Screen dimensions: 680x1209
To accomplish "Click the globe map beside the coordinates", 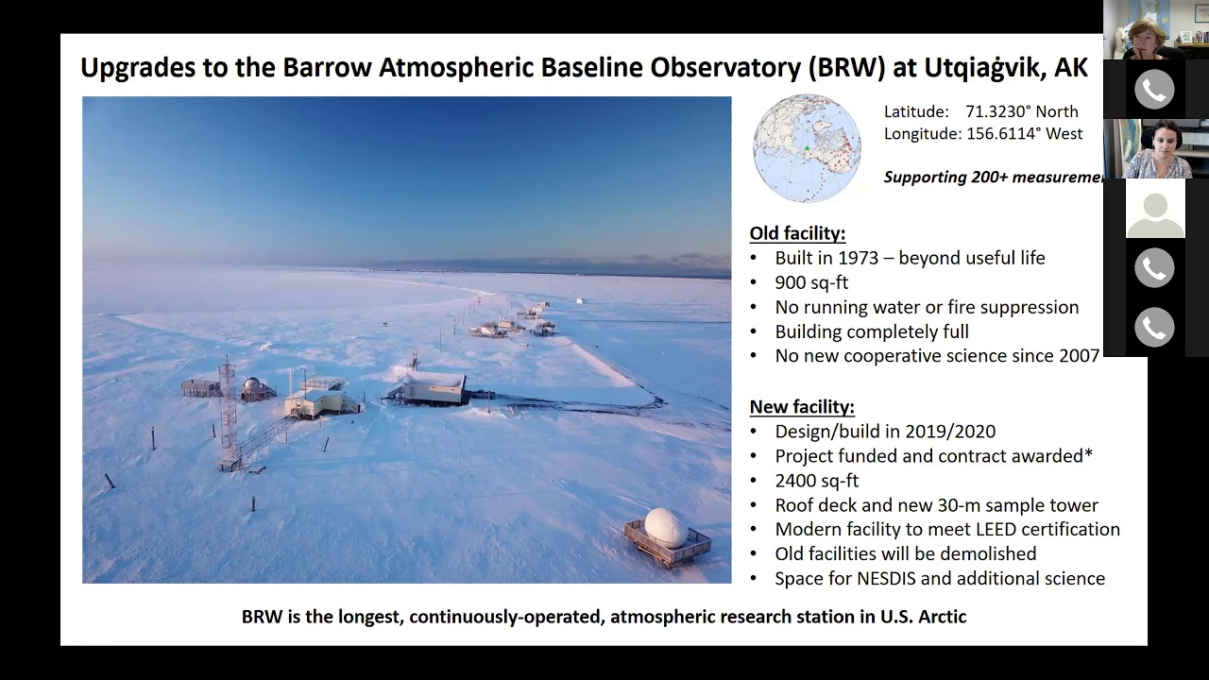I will (x=807, y=147).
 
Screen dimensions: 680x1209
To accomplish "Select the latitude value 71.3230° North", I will (x=1021, y=111).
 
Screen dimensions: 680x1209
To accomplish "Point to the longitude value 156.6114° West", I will (x=1024, y=134).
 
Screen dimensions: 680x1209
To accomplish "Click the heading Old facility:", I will (x=797, y=233).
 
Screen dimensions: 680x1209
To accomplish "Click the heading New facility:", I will (x=802, y=407).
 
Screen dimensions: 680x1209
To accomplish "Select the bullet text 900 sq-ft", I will (x=811, y=282).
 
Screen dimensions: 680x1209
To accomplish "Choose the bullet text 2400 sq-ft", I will (x=816, y=481).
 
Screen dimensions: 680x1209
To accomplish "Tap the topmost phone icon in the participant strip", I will (x=1154, y=90).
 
